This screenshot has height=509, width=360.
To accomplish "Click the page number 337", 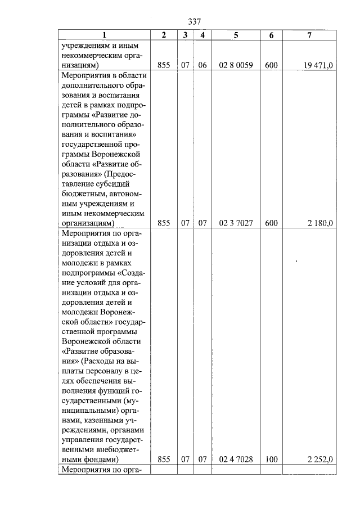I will point(194,21).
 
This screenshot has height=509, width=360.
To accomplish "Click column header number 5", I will point(236,35).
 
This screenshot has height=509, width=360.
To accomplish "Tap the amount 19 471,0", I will point(318,66).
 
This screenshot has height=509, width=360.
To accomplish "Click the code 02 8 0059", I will point(236,66).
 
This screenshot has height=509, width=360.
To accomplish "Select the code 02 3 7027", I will point(236,223).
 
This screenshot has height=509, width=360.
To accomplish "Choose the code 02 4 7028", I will point(236,460).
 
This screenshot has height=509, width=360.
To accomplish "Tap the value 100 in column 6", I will point(271,460).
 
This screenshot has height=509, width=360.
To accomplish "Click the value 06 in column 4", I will point(202,66).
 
